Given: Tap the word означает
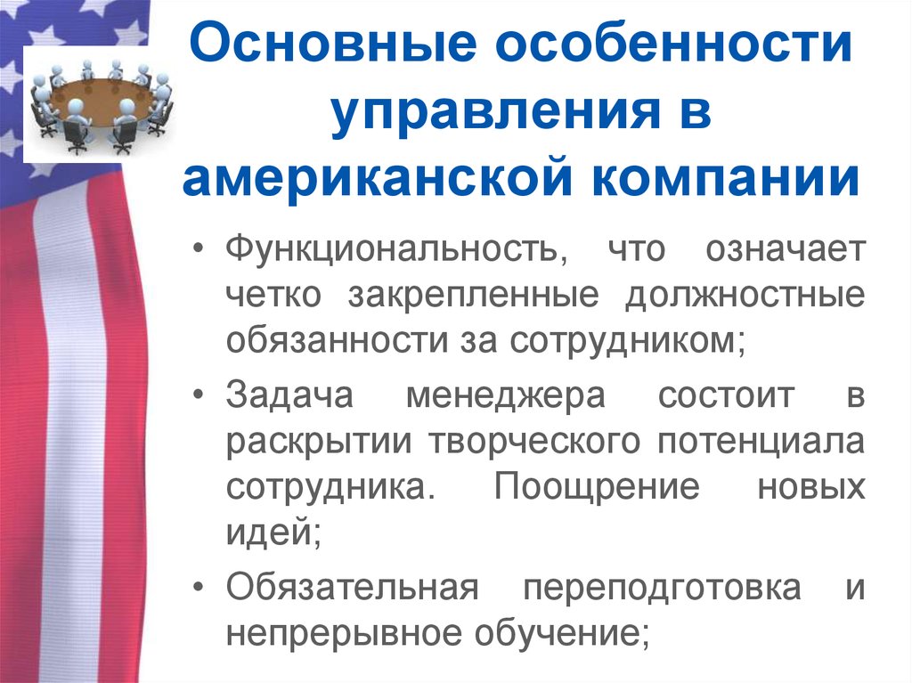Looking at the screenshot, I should (x=785, y=248).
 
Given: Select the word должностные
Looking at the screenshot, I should (x=744, y=295).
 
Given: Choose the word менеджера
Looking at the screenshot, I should (x=505, y=394).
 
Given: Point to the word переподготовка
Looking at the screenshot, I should (x=661, y=589).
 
